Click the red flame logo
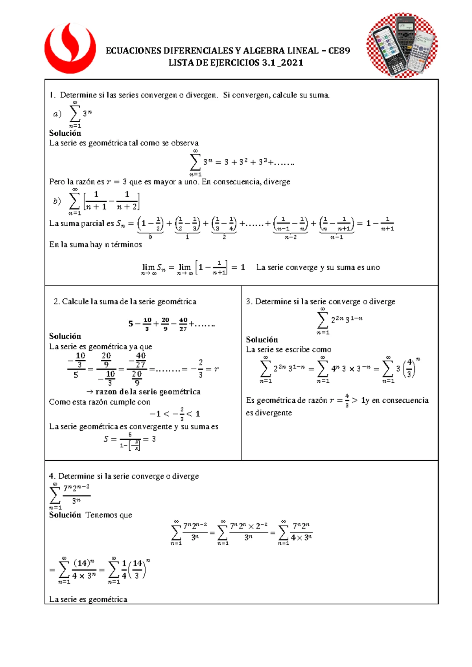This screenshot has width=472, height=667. (x=70, y=48)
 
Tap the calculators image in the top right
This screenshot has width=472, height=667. (x=402, y=45)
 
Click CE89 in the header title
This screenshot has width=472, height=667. (x=339, y=51)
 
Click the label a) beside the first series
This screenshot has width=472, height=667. (x=57, y=114)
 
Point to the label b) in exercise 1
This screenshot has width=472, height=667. (x=57, y=201)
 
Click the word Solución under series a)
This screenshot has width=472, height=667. (x=65, y=133)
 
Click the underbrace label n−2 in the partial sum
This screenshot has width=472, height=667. (x=290, y=237)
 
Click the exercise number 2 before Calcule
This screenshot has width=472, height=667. (x=56, y=302)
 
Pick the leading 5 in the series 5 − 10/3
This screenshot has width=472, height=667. (x=131, y=324)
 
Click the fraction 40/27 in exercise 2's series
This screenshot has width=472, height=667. (x=183, y=324)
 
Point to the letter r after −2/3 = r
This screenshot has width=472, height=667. (x=216, y=369)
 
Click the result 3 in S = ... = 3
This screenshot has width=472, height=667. (x=154, y=439)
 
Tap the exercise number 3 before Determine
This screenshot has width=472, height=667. (x=248, y=302)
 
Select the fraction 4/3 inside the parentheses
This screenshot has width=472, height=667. (x=409, y=368)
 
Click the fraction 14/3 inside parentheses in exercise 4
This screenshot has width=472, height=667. (x=137, y=569)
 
